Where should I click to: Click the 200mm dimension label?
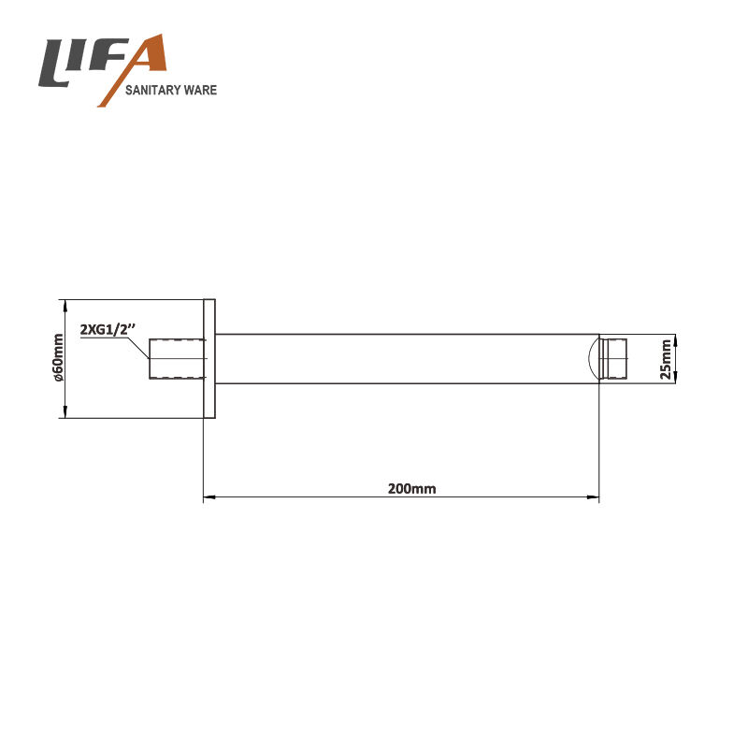click(411, 488)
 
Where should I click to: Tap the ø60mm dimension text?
click(58, 358)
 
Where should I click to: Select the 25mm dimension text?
click(665, 359)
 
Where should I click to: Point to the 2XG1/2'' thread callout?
click(108, 330)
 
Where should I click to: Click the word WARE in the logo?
click(201, 90)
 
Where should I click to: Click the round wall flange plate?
click(209, 359)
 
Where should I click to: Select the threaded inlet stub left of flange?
click(177, 359)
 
